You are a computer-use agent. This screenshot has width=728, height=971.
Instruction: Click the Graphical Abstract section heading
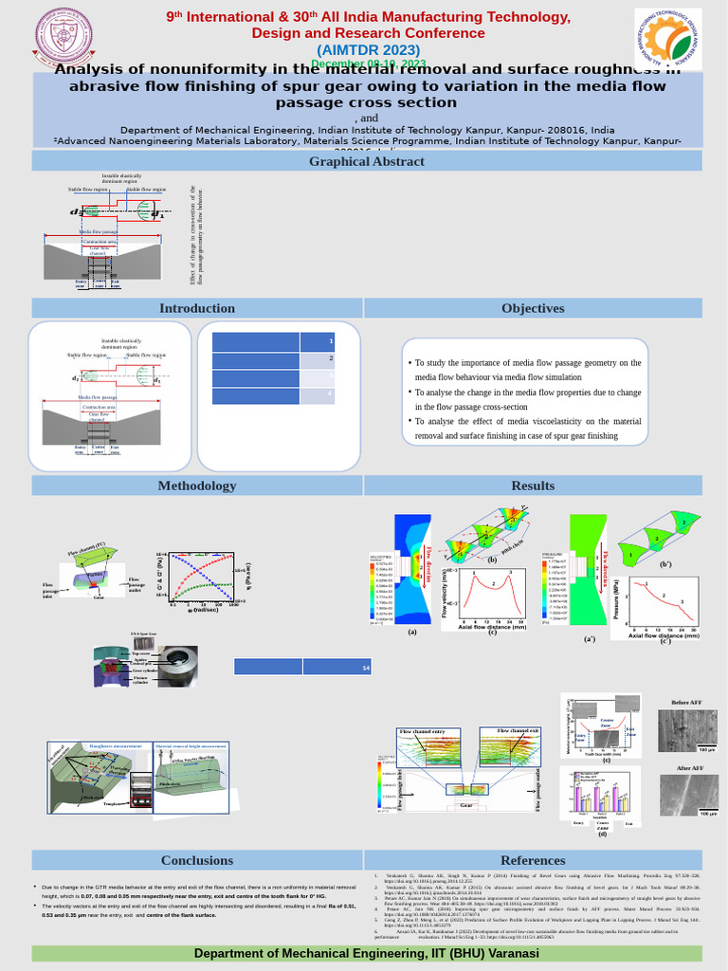(366, 161)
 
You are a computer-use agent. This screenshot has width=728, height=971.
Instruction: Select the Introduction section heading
(196, 308)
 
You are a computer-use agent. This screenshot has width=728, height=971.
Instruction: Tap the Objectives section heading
(533, 308)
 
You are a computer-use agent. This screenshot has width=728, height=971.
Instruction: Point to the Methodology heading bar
(196, 485)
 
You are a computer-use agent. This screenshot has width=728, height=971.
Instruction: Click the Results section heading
(533, 485)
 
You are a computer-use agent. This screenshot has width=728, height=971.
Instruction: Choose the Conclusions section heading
(196, 860)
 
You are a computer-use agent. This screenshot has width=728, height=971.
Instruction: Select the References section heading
(533, 860)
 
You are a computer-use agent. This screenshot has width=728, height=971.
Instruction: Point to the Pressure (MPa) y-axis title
(616, 601)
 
